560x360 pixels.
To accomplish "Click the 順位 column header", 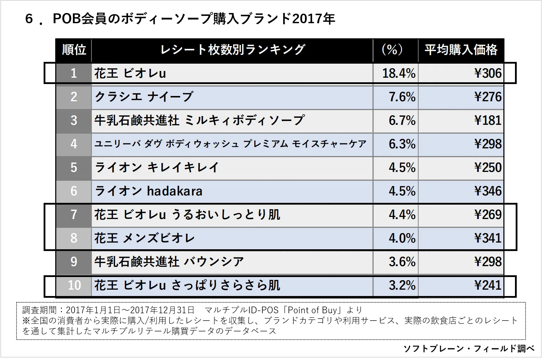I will click(74, 50).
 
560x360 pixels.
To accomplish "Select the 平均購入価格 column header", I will click(461, 50).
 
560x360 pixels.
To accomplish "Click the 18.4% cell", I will click(399, 73).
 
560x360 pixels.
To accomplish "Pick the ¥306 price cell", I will click(488, 73).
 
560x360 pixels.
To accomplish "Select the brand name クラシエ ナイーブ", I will click(144, 97).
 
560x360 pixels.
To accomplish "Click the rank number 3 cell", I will click(74, 120).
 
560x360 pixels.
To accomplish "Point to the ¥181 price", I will click(488, 120).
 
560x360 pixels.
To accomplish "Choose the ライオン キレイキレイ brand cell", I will click(157, 167).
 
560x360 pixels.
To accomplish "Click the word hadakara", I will click(174, 191).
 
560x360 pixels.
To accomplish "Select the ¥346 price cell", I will click(488, 191).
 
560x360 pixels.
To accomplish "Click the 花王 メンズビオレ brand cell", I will click(145, 238).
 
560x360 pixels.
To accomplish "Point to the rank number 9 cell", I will click(74, 262).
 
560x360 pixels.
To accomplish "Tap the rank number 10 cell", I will click(74, 285).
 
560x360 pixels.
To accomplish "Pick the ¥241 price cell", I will click(488, 285).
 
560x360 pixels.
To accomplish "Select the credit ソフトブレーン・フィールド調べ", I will click(469, 348).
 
